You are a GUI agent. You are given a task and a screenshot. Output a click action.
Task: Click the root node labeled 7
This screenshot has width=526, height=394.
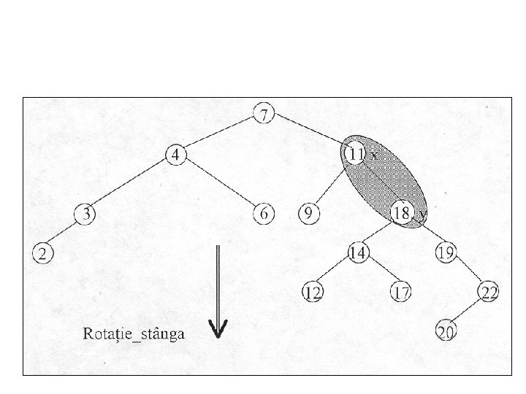click(x=264, y=114)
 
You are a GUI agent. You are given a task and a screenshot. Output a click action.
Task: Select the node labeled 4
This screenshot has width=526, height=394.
click(x=176, y=155)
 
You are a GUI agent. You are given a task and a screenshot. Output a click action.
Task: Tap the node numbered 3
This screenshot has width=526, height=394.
click(x=86, y=214)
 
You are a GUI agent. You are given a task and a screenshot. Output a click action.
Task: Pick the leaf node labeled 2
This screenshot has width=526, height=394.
click(x=42, y=253)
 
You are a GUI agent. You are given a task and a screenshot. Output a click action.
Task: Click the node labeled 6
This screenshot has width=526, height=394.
click(x=264, y=214)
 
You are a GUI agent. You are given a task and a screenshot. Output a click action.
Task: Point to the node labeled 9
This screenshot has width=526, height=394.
click(x=308, y=214)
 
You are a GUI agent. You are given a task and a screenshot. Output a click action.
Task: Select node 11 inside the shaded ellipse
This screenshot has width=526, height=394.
click(x=355, y=154)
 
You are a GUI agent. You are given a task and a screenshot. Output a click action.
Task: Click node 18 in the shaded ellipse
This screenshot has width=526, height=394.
click(x=401, y=214)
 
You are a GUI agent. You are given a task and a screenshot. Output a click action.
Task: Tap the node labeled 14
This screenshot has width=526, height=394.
click(x=358, y=253)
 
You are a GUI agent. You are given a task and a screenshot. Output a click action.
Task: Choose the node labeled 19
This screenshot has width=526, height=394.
click(x=445, y=253)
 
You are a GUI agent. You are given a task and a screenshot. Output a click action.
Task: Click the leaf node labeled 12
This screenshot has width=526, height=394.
click(x=313, y=293)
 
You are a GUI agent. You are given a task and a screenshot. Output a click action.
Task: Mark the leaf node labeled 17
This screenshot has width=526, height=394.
click(x=401, y=293)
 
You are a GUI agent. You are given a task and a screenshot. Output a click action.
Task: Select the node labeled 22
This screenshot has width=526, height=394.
click(x=489, y=293)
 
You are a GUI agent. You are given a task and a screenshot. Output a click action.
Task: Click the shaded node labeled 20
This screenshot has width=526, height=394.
click(x=445, y=332)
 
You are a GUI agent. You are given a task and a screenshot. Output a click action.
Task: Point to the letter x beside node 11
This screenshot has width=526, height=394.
click(x=374, y=155)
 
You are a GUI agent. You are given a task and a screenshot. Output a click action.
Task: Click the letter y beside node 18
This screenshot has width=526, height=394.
click(x=422, y=213)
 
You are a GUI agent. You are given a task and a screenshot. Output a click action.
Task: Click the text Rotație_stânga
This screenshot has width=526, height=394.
click(x=133, y=334)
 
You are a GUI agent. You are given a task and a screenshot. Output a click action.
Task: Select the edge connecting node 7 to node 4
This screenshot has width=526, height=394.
click(x=220, y=134)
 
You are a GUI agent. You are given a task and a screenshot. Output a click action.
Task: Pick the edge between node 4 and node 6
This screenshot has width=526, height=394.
click(x=220, y=184)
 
